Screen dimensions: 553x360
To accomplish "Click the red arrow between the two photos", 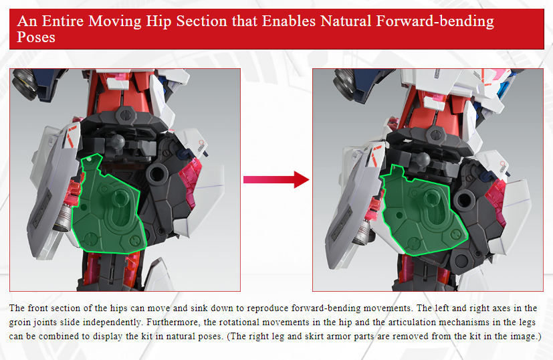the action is [276, 179].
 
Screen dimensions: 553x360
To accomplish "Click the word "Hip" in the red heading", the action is [158, 21].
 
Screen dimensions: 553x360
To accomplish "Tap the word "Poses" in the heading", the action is [36, 37].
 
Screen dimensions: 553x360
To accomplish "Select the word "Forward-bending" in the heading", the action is [435, 21].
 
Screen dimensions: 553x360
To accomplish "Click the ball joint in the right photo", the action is [422, 159].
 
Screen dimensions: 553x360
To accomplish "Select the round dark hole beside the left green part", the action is [157, 173].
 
